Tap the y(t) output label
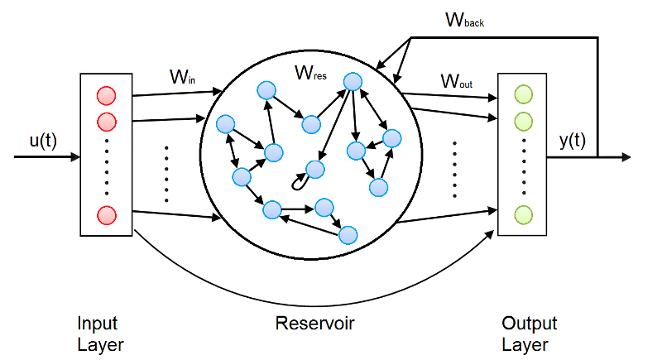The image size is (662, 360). (572, 141)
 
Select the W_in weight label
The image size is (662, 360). (183, 79)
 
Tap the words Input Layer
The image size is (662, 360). (98, 333)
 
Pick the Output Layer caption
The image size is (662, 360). (529, 333)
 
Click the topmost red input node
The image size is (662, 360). (106, 94)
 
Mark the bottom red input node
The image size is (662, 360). (106, 215)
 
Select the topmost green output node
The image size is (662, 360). (523, 94)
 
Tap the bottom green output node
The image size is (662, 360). (523, 215)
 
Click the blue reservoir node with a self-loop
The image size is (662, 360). (314, 170)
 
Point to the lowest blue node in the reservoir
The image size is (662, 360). (348, 234)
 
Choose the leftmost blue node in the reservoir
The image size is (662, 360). (223, 125)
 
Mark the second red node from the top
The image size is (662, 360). (106, 122)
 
